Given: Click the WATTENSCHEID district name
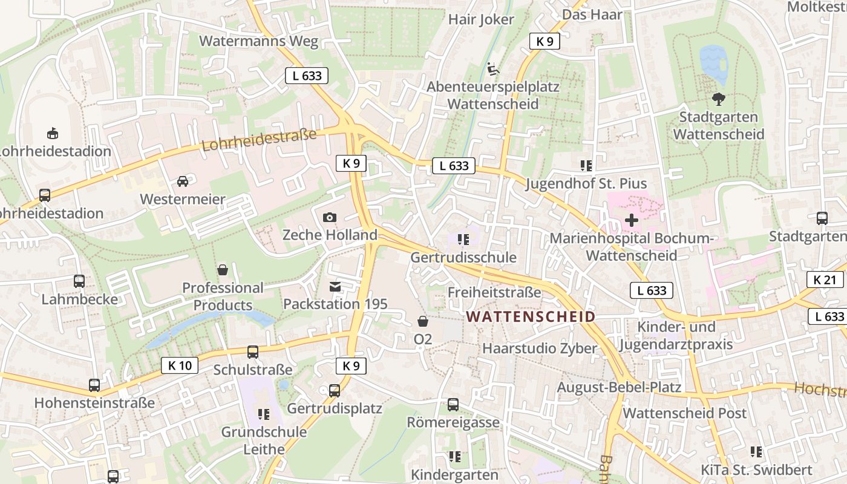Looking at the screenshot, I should pos(531,316).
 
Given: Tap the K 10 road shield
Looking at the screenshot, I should pos(180,365).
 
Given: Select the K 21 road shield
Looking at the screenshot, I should pos(825,280).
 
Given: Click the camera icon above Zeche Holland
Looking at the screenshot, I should pos(330,217).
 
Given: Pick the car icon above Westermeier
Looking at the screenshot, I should pos(183,181).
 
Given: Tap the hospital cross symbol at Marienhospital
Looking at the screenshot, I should pos(631,220).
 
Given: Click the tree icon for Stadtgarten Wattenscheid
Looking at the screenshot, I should pos(719,99).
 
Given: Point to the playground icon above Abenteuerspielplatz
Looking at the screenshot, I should pos(493,68).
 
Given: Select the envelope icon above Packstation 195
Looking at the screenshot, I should pos(335,286).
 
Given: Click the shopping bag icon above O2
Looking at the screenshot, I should pos(423,321).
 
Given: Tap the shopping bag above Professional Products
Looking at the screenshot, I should pos(223,270).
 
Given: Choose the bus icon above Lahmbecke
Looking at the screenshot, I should pos(79,281).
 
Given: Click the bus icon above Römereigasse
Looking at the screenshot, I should pos(453,404).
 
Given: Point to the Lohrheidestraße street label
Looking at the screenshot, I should pos(259,140).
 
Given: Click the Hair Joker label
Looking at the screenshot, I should pos(481,19).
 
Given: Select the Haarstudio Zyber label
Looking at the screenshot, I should pos(539,348).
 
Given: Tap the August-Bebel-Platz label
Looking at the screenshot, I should pos(619,387).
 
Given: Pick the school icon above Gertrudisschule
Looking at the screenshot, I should pos(463,240).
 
